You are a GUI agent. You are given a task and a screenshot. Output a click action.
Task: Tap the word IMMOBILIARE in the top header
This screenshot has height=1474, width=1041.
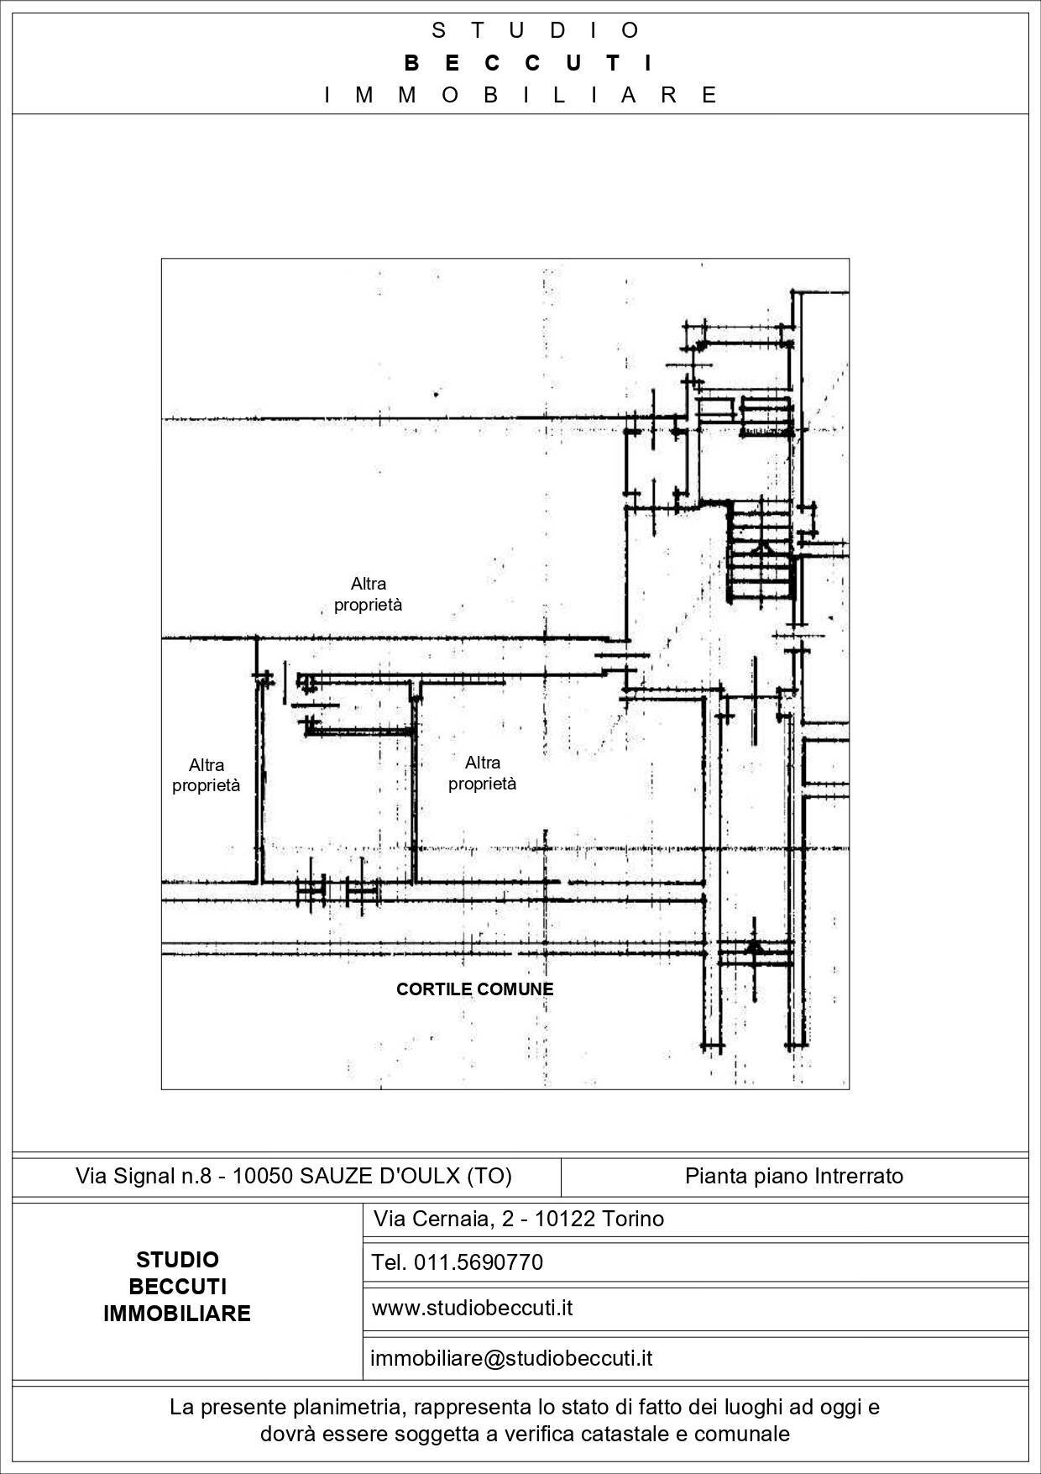[x=520, y=95]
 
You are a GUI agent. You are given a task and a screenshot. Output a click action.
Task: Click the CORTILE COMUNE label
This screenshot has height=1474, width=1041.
[x=474, y=989]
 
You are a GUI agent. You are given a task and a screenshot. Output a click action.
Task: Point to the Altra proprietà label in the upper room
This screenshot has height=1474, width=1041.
[x=369, y=594]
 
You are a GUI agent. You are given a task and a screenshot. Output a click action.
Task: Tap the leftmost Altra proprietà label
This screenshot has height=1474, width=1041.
[x=207, y=775]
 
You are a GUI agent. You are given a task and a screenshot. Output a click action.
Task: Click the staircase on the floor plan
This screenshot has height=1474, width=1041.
[x=761, y=550]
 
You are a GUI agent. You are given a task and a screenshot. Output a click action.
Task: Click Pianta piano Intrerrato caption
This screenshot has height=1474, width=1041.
[x=794, y=1176]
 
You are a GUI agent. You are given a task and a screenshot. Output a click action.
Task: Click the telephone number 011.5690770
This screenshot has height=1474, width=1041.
[x=479, y=1262]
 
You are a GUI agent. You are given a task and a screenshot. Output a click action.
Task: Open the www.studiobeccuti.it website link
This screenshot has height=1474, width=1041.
[x=472, y=1308]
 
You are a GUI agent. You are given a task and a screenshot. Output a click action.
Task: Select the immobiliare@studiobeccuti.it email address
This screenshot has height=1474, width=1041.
[x=511, y=1358]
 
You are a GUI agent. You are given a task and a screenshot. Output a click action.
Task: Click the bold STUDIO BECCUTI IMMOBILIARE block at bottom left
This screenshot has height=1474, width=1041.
[x=177, y=1287]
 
